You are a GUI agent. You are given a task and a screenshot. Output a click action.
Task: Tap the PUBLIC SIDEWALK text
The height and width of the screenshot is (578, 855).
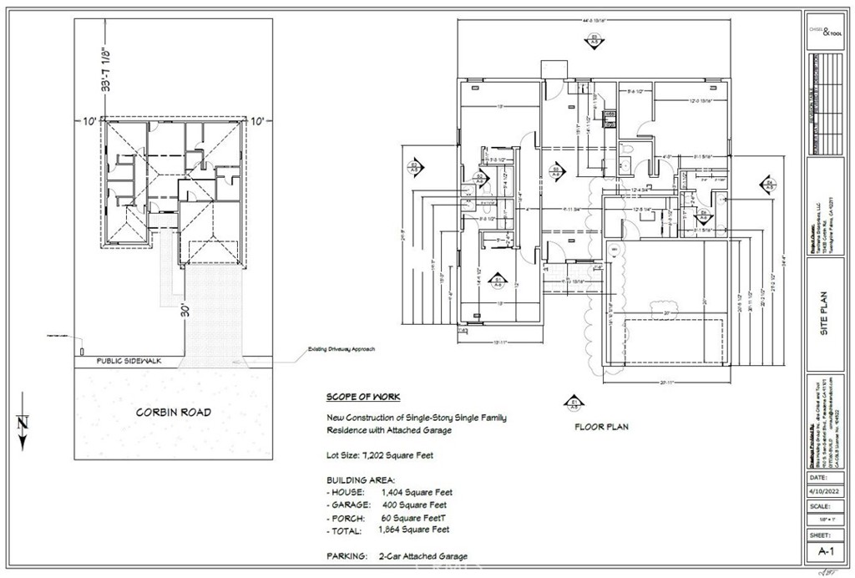click(x=127, y=361)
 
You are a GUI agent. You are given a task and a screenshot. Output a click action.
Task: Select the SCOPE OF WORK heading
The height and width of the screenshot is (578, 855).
click(x=362, y=398)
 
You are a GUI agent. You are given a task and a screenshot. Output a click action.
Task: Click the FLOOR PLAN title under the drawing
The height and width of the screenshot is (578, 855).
click(x=600, y=426)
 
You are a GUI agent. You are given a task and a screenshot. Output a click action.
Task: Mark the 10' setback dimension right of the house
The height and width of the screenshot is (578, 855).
click(x=259, y=121)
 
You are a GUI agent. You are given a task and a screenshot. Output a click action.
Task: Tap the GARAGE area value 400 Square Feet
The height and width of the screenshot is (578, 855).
click(x=413, y=504)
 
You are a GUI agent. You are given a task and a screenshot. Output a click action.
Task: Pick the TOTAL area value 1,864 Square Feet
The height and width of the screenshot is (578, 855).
click(x=413, y=530)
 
